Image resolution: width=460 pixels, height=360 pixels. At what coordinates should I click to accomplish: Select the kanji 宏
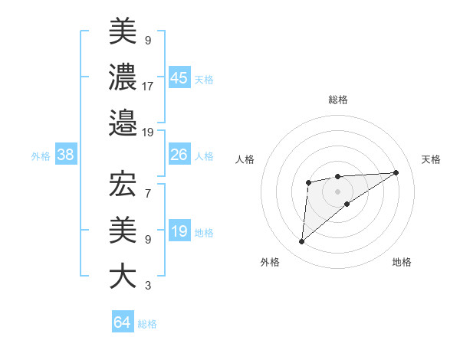[123, 185]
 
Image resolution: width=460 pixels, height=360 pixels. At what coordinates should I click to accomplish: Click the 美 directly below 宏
[123, 231]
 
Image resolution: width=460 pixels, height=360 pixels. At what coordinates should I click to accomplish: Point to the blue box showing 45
[179, 77]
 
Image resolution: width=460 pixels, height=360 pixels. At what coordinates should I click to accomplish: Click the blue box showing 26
[179, 155]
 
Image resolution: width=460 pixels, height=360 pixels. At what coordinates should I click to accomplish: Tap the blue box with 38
[66, 155]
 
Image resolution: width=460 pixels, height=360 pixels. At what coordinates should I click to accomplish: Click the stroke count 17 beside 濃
[148, 87]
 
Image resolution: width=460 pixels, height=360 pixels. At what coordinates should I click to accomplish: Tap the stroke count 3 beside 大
[147, 286]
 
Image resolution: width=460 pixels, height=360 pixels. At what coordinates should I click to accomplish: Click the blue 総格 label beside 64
[147, 324]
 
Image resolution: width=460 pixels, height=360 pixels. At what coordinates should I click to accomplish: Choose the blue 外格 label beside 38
[41, 156]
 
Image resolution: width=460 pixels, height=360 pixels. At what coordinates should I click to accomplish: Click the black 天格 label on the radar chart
[432, 159]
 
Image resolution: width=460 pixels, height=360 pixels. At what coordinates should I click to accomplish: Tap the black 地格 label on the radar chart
[402, 263]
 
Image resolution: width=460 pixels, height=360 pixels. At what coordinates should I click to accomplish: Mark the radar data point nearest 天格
[396, 172]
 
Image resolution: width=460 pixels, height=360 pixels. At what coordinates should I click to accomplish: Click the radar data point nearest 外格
[301, 242]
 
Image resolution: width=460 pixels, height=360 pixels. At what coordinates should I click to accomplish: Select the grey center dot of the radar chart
[337, 190]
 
